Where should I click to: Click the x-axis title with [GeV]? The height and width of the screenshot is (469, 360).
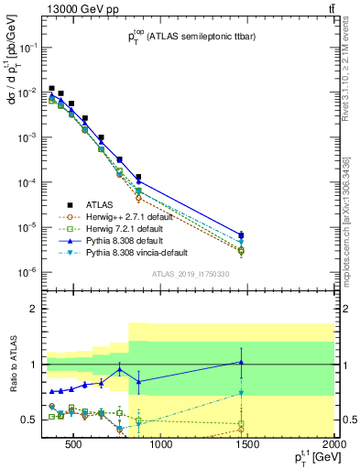click(x=311, y=461)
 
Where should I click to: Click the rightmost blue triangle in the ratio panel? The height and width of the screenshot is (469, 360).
click(x=241, y=363)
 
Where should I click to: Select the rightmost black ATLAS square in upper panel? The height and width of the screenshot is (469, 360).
click(x=241, y=235)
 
